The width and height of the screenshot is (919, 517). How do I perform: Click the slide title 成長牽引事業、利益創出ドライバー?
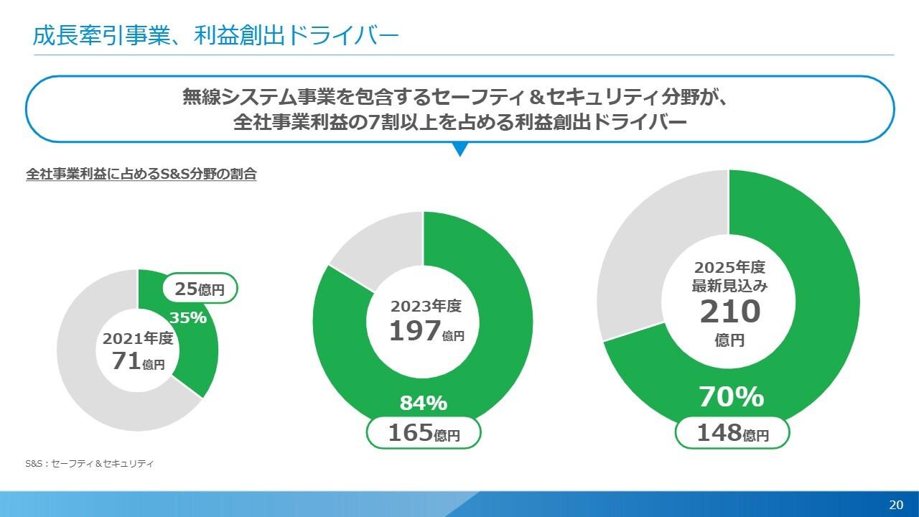pos(215,36)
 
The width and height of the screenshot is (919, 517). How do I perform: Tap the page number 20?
pos(895,504)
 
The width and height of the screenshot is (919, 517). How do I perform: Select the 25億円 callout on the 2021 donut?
pos(200,289)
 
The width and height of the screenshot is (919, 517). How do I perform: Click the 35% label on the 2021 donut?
pos(188,317)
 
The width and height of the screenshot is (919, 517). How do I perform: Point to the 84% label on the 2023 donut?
pos(423,404)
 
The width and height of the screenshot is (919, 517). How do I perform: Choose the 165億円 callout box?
pos(423,433)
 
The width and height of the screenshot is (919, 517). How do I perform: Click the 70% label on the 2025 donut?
pos(731,396)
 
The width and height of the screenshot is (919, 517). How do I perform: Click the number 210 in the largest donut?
pos(729,312)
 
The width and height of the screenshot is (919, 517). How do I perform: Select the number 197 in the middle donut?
pos(414,330)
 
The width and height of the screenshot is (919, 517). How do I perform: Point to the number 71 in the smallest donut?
pos(126,360)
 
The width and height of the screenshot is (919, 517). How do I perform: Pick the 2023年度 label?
pos(426,306)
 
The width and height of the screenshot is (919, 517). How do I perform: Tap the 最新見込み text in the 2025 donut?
pos(729,286)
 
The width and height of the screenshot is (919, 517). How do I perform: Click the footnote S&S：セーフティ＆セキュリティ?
pos(90,465)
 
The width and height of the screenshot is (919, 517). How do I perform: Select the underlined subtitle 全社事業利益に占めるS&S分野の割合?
pos(141,174)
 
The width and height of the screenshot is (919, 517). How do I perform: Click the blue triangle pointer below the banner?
pos(460,149)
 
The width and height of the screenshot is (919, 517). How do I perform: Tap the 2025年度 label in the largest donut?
pos(729,268)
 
